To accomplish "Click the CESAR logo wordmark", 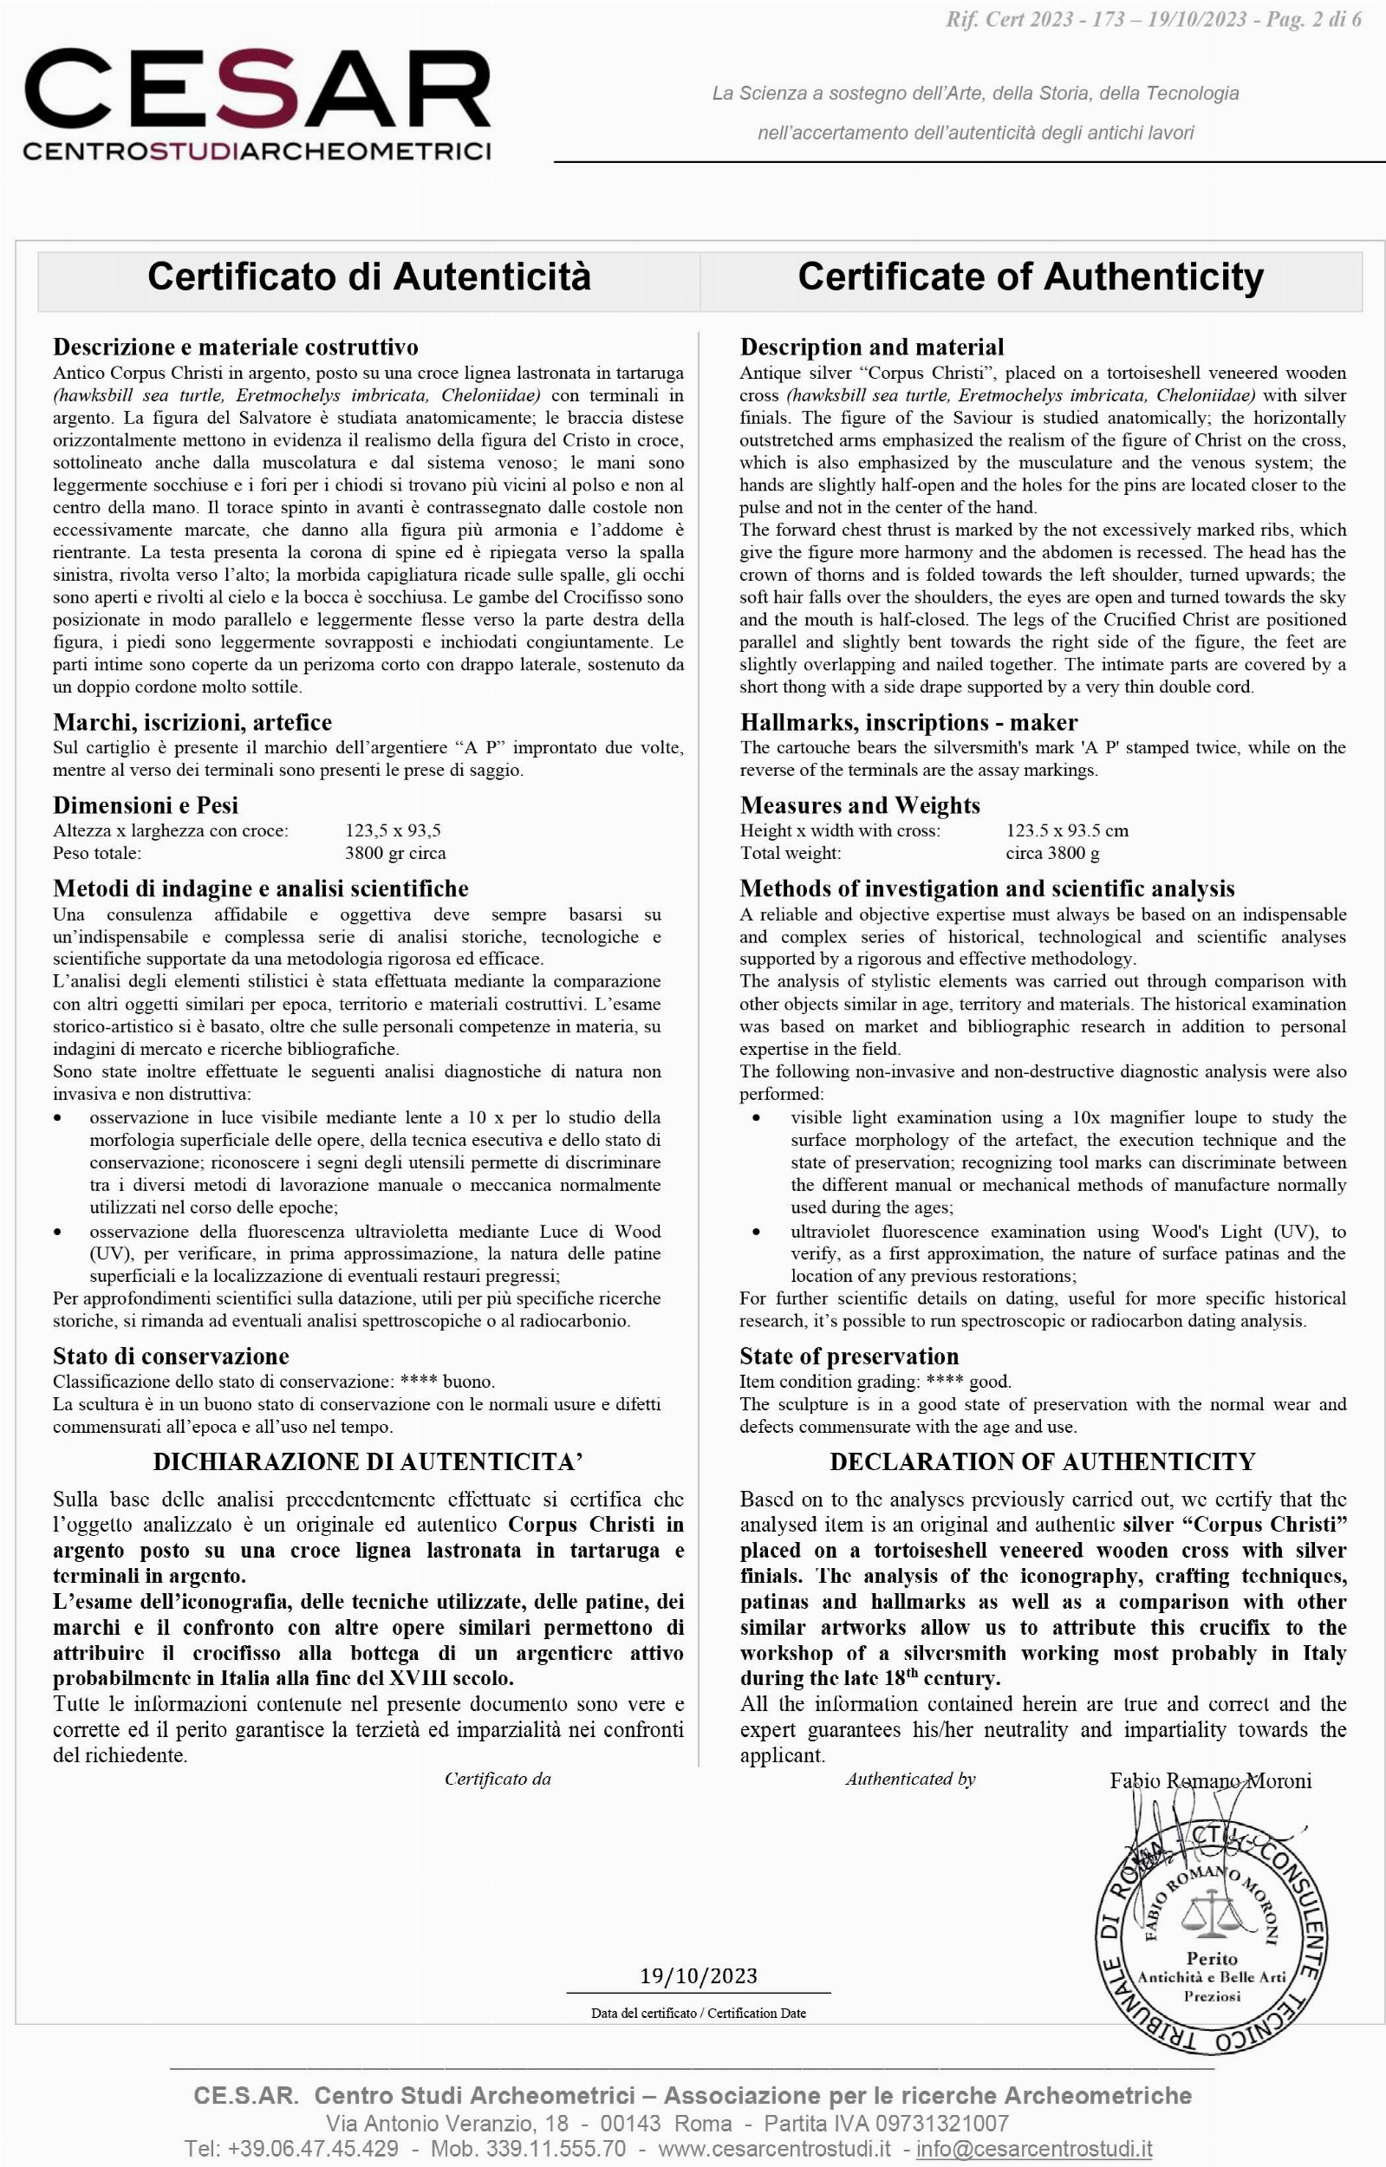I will point(257,90).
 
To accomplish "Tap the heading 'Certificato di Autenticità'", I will point(369,277).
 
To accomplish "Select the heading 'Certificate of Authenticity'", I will point(1031,277).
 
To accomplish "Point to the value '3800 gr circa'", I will point(395,853).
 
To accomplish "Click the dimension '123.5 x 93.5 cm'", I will point(1066,830).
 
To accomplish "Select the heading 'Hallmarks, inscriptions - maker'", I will point(908,722).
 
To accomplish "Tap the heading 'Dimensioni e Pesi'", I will point(146,804).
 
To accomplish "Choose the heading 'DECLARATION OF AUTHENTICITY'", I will point(1042,1461).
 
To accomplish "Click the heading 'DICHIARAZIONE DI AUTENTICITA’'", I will point(368,1461).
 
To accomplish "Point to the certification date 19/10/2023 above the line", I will point(699,1976).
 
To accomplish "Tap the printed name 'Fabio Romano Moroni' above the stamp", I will point(1211,1780).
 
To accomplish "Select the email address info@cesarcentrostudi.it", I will point(1034,2149).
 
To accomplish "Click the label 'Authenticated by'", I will point(910,1778).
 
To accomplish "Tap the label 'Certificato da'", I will point(498,1778).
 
